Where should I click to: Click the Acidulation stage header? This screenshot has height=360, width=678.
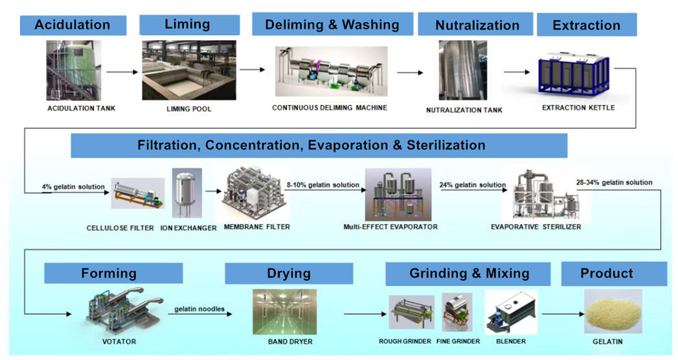[x=73, y=25]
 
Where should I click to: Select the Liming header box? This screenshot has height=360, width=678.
[x=187, y=25]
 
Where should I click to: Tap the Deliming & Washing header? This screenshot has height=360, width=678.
[x=332, y=25]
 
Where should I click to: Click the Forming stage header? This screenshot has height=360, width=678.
[x=109, y=273]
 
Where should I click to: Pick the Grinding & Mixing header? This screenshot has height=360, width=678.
[x=469, y=273]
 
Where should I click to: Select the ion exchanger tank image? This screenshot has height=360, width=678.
[x=187, y=194]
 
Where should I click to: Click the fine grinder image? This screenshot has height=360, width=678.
[x=457, y=312]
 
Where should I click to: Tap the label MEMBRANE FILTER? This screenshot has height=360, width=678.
[x=256, y=227]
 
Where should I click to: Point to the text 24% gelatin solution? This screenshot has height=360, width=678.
[x=473, y=185]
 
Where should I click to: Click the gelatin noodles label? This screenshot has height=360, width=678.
[x=199, y=309]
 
